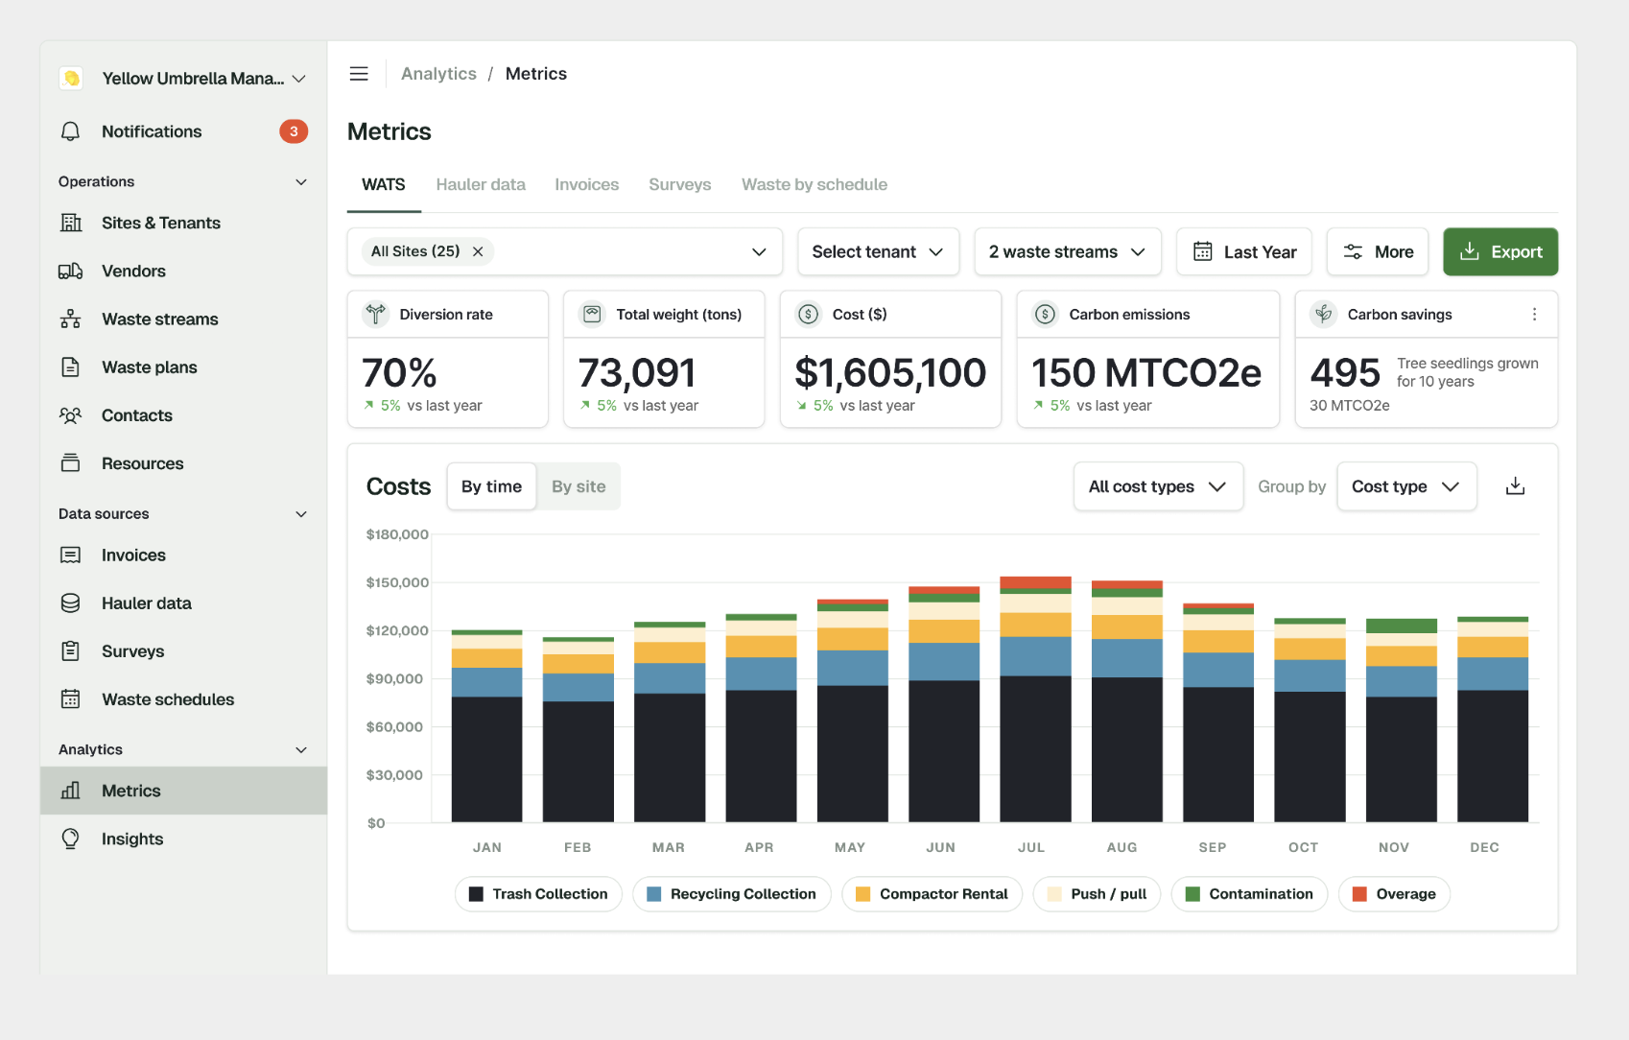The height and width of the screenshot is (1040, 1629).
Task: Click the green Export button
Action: [1500, 251]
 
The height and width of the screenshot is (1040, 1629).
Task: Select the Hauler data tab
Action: [481, 185]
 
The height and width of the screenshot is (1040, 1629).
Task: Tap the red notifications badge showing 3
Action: [293, 131]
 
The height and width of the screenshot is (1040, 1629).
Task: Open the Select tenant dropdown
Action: [878, 251]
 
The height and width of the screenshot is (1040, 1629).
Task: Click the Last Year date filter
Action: [1244, 251]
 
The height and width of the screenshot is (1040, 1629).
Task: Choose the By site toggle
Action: [578, 486]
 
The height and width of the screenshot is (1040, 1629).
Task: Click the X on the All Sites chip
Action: [478, 251]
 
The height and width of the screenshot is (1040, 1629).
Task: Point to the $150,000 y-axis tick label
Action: [397, 582]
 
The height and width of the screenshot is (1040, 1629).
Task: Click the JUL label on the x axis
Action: [1031, 847]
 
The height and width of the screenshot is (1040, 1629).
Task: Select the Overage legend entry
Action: [1394, 894]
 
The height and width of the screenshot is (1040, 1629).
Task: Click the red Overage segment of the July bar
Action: [1035, 582]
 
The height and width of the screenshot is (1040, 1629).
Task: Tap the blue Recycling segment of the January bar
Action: [486, 682]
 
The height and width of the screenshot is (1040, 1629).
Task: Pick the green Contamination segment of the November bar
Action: [1402, 626]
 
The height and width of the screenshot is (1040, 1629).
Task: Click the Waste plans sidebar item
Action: [149, 367]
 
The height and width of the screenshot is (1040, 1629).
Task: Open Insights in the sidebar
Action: [132, 839]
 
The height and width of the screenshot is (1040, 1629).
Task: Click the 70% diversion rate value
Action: [399, 372]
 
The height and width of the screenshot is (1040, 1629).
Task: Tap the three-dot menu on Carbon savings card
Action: [1534, 314]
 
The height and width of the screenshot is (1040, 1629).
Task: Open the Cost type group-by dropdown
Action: [1406, 486]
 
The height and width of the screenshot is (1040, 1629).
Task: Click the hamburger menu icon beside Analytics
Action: [359, 74]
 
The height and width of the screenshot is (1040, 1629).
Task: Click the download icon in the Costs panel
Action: [1515, 485]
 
